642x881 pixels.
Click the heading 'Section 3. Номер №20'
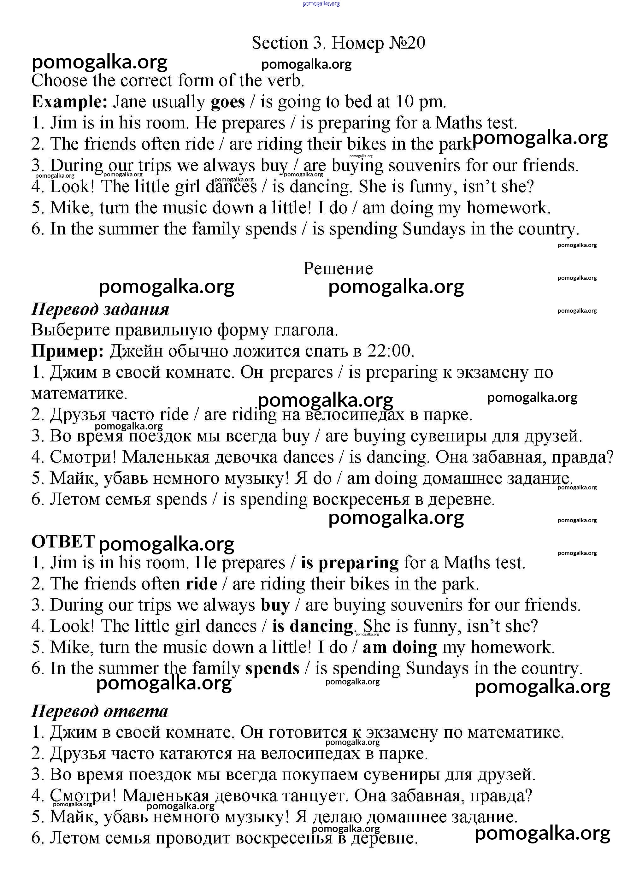pos(338,43)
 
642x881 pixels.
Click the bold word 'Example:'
pos(69,102)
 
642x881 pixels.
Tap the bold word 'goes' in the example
pos(228,102)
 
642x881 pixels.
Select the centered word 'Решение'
pos(338,269)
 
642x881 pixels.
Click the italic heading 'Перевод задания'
pos(100,309)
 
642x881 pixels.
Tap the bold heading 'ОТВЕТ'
pos(63,542)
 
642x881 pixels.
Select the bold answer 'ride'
pos(201,584)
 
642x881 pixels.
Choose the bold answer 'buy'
pos(275,606)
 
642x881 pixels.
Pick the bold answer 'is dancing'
pos(312,626)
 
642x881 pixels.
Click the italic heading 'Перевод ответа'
pos(99,711)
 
